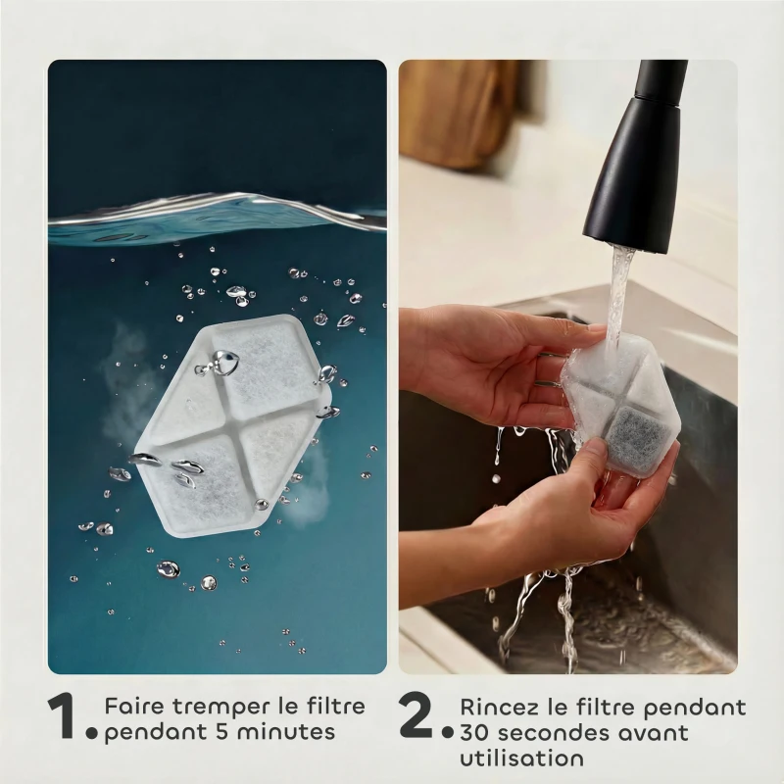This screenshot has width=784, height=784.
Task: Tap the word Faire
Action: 130,707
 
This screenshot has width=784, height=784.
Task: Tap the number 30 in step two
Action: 474,733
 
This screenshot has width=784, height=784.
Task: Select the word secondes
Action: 549,733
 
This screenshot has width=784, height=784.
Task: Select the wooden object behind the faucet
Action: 456,113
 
